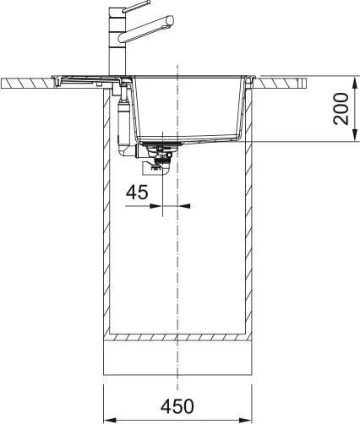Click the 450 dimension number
(x=177, y=406)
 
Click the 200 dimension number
(x=341, y=109)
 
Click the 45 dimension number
(x=137, y=193)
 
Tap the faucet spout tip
(x=170, y=21)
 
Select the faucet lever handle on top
(x=135, y=6)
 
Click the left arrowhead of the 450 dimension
(x=110, y=418)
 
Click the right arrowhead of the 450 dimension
(x=245, y=418)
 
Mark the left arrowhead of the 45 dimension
(x=156, y=206)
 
